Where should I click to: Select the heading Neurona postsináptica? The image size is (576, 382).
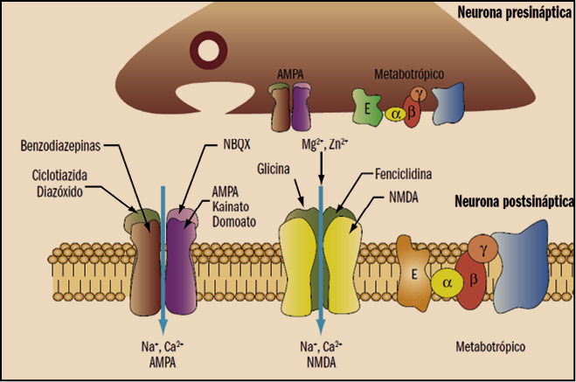pyautogui.click(x=513, y=203)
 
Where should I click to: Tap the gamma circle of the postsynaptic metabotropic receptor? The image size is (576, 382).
pyautogui.click(x=482, y=249)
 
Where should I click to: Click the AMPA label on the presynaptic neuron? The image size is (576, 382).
pyautogui.click(x=292, y=75)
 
